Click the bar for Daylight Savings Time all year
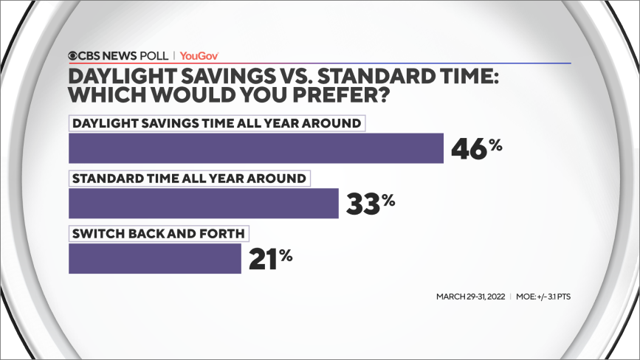click(x=255, y=148)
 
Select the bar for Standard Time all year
click(x=203, y=203)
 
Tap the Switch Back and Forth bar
click(x=154, y=258)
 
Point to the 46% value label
click(x=475, y=148)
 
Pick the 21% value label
click(x=270, y=258)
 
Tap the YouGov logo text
click(x=199, y=55)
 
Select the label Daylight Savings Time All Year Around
click(x=217, y=122)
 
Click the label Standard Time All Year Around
click(x=187, y=178)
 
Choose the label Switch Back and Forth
click(x=157, y=233)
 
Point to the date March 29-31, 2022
click(x=469, y=297)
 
